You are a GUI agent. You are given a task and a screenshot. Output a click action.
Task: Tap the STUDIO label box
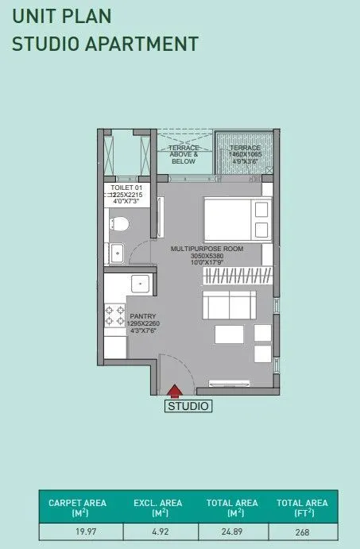[188, 407]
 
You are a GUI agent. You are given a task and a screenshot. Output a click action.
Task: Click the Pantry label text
[143, 322]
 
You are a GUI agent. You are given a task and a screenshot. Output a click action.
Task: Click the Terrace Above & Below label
[184, 154]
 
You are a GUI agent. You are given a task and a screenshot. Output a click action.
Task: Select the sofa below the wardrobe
[229, 305]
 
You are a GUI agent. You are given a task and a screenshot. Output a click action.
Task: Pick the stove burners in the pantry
[110, 316]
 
